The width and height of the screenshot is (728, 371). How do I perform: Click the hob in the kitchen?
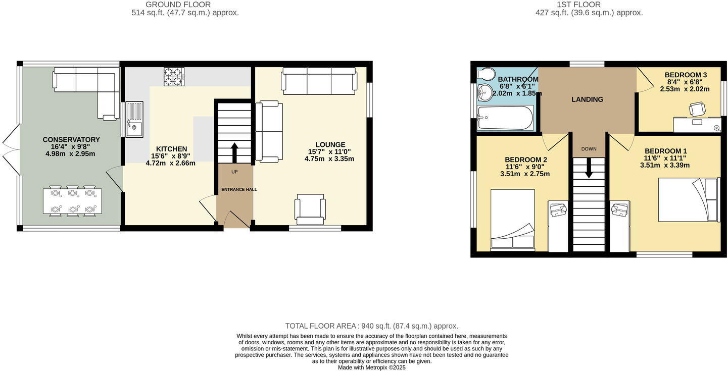(x=174, y=76)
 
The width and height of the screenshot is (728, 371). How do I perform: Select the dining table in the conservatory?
(x=72, y=201)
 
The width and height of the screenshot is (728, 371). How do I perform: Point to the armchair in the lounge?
(x=310, y=209)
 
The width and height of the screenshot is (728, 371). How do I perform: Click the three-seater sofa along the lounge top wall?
(x=319, y=81)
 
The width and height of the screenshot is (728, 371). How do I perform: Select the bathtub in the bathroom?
(x=505, y=118)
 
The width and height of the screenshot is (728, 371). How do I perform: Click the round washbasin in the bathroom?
(x=486, y=91)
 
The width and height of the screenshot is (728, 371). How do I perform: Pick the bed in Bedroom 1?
(x=688, y=199)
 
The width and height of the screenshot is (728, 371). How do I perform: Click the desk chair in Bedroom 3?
(x=697, y=109)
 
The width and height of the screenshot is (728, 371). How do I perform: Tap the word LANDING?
(x=587, y=99)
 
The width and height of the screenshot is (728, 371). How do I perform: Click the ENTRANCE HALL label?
(x=239, y=189)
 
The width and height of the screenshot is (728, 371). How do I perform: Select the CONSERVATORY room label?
(x=71, y=140)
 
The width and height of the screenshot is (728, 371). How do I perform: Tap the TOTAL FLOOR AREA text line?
(x=371, y=326)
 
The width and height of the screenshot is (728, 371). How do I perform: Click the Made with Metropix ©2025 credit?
(x=371, y=367)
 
